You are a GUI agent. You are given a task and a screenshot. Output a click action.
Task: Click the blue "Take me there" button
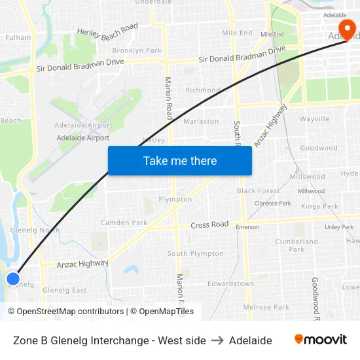tap(180, 160)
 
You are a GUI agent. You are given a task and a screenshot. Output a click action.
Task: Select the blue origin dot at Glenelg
tap(13, 279)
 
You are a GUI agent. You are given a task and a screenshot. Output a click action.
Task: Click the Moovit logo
tap(320, 340)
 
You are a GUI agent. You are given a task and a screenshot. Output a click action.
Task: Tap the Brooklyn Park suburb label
tap(136, 50)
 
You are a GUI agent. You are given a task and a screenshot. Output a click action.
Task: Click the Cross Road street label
tap(209, 225)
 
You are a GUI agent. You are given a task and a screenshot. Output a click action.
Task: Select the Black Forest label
tap(258, 191)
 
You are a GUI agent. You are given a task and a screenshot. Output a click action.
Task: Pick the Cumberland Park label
tap(297, 245)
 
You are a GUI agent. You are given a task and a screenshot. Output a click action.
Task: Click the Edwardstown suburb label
tap(230, 283)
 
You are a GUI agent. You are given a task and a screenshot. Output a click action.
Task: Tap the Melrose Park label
tap(266, 307)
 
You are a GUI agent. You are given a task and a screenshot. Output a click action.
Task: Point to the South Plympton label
tap(195, 253)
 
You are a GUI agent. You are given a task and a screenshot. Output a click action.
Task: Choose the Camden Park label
tap(124, 223)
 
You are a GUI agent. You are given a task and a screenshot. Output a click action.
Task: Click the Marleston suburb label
tap(201, 121)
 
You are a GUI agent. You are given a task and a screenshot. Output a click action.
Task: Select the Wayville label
tap(315, 119)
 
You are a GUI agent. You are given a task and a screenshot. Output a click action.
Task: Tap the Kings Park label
tap(319, 206)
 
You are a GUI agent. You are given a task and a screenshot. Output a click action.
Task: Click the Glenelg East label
tap(64, 290)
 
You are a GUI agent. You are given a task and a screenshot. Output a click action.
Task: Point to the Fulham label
tap(18, 37)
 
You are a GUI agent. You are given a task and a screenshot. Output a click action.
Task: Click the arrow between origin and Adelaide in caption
tap(217, 340)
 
